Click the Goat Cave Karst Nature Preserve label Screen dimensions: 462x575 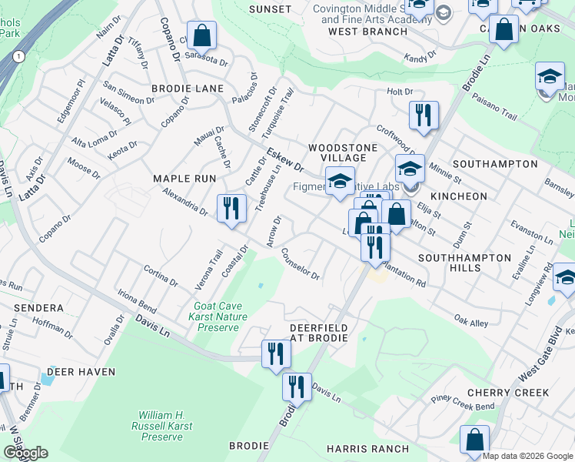tap(220, 316)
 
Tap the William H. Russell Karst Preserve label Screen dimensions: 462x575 tap(161, 426)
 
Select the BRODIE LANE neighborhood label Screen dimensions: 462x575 tap(188, 89)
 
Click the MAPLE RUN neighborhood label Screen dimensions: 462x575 tap(184, 179)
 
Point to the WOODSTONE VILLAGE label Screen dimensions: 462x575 tap(343, 152)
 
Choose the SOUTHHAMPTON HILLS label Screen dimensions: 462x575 tap(461, 263)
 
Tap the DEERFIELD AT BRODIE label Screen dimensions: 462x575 tap(318, 333)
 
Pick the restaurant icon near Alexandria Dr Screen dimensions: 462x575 tap(231, 208)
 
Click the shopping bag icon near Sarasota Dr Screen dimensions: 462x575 tap(201, 35)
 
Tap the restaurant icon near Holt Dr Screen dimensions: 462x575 tap(424, 115)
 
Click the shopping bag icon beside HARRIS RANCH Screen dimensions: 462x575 tap(475, 440)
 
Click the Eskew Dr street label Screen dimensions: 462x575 tap(285, 160)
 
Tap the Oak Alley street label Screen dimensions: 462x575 tap(470, 320)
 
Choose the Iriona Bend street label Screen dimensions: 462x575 tap(136, 300)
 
